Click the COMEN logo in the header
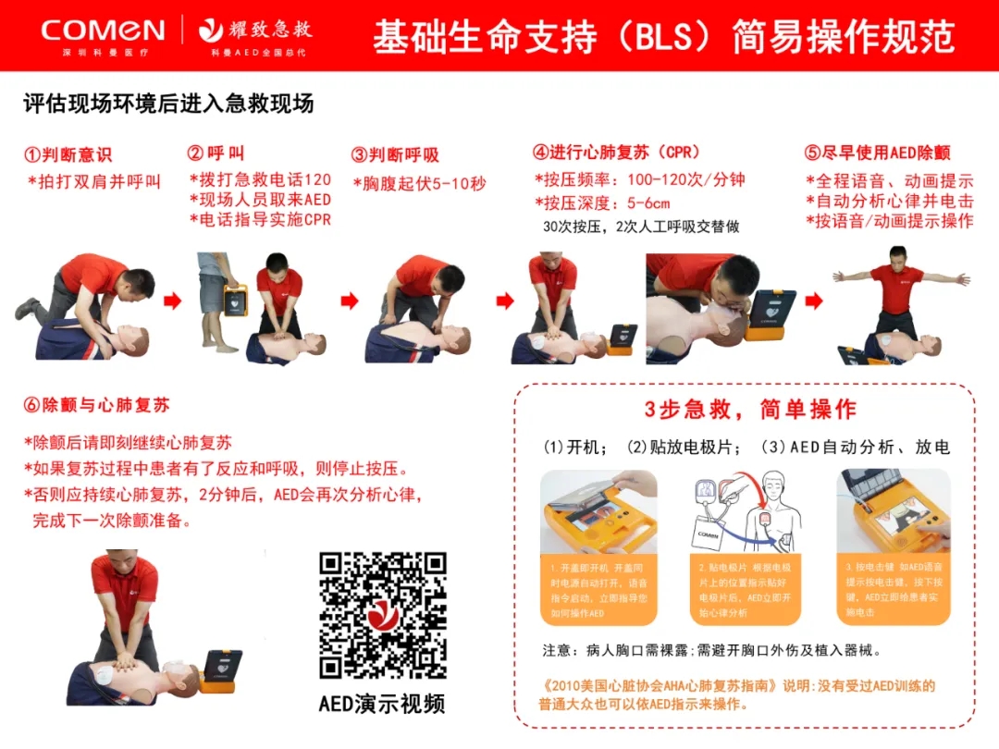tap(102, 31)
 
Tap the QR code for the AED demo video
tap(382, 616)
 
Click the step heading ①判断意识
tap(68, 155)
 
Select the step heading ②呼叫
tap(216, 153)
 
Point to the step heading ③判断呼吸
tap(395, 155)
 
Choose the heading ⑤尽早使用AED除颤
tap(877, 153)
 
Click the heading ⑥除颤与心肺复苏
tap(96, 405)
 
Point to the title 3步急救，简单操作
tap(750, 410)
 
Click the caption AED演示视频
tap(382, 704)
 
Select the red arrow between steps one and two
tap(172, 301)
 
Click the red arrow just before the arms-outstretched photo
tap(813, 301)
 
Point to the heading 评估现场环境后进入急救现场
tap(168, 104)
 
